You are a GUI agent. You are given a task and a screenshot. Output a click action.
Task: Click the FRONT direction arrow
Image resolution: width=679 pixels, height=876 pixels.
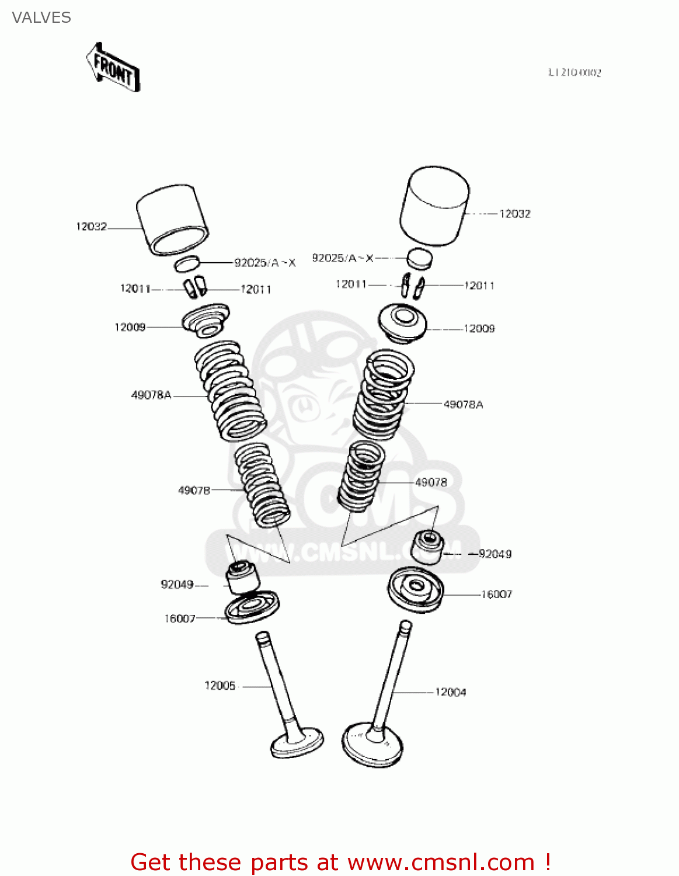tap(113, 67)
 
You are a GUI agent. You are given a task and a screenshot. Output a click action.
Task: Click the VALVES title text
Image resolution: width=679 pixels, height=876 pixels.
tap(41, 18)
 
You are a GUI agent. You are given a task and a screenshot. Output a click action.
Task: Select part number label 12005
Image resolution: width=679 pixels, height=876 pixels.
tap(220, 686)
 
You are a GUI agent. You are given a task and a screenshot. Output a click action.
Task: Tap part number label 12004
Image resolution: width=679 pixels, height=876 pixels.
tap(450, 692)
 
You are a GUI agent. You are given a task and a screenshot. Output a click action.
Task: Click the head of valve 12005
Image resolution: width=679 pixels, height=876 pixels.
tap(297, 743)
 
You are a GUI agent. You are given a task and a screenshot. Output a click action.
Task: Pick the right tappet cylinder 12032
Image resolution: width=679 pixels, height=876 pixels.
tap(435, 206)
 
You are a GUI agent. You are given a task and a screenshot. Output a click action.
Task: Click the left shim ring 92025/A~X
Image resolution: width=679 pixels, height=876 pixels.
tap(187, 263)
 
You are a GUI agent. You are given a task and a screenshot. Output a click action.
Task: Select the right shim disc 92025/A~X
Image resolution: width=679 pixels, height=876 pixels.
tap(419, 259)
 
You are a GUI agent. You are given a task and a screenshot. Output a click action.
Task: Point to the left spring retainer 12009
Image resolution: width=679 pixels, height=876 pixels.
tap(206, 321)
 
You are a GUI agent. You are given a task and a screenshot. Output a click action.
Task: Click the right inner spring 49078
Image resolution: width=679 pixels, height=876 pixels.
tap(361, 475)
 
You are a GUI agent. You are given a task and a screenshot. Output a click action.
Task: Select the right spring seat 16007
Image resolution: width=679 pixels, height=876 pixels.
tap(415, 589)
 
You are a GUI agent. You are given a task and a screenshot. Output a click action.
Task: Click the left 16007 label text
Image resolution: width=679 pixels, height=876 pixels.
tap(179, 618)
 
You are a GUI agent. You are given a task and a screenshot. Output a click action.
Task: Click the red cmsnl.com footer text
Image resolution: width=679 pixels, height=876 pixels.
tap(340, 862)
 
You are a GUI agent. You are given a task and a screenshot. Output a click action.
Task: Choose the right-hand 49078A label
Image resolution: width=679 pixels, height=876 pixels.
tap(463, 404)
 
